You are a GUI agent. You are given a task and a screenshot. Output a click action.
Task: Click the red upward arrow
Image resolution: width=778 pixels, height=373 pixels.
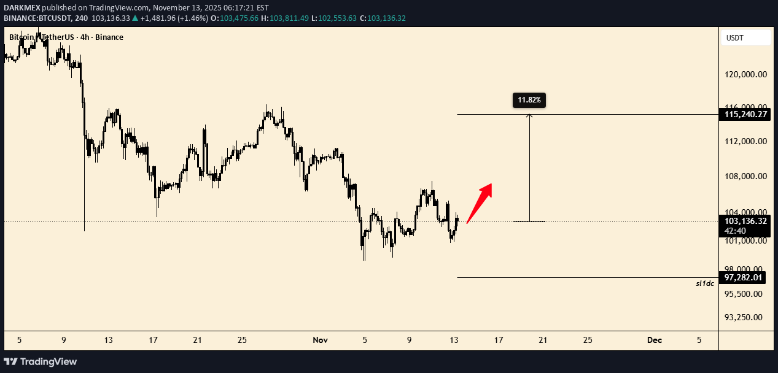pos(480,202)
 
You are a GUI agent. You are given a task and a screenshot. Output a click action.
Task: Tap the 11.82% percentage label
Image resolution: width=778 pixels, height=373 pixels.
pos(529,99)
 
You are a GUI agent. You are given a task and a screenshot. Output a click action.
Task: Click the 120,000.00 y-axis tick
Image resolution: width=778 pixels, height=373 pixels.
pos(745,75)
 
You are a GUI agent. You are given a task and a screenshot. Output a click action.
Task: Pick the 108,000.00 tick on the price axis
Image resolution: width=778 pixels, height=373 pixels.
pos(745,177)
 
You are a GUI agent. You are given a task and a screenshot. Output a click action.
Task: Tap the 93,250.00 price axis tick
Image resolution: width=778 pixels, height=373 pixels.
pos(745,317)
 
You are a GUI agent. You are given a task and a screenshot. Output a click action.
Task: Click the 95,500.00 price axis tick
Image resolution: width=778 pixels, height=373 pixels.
pos(745,294)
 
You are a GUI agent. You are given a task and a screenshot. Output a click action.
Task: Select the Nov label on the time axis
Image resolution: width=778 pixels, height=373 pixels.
pos(320,340)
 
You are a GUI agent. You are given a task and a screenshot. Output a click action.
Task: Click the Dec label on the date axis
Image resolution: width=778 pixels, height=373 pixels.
pos(655,340)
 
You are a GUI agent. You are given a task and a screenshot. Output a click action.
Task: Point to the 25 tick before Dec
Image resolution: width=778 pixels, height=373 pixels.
pos(588,340)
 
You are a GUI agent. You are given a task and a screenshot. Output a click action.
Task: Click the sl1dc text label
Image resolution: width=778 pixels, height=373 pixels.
pos(704,283)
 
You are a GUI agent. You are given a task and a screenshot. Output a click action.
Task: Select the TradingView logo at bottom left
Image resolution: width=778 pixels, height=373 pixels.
pos(41,361)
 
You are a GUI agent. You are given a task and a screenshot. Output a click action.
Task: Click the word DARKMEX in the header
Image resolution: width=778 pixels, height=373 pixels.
pos(21,7)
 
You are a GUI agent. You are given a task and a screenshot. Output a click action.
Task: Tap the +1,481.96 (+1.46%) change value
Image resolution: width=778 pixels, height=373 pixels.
pos(174,18)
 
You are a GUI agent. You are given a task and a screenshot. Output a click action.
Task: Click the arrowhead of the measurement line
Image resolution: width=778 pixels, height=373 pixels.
pos(529,116)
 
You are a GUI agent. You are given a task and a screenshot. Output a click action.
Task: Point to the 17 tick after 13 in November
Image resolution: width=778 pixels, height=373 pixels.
pos(499,340)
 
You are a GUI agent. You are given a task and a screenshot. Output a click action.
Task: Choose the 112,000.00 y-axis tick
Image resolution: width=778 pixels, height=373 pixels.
pos(745,141)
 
